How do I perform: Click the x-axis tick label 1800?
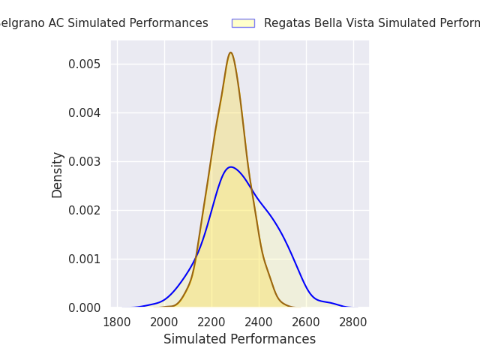(x=117, y=322)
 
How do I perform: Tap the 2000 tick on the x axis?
(x=164, y=322)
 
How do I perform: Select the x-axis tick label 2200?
(x=211, y=322)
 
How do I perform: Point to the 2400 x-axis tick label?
(x=259, y=322)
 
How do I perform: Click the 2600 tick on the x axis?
(x=306, y=322)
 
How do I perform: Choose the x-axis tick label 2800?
(x=353, y=322)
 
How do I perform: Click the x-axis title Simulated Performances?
(x=239, y=339)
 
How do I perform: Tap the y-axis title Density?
(x=58, y=174)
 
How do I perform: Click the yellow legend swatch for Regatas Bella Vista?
(x=243, y=23)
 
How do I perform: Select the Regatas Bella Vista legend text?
(x=372, y=23)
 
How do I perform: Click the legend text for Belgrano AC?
(x=103, y=23)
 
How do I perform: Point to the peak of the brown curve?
(x=230, y=52)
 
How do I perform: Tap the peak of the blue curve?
(x=230, y=166)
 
